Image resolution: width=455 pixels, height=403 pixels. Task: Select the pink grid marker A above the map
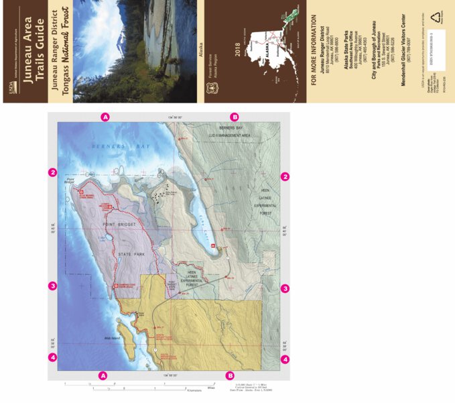point(105,117)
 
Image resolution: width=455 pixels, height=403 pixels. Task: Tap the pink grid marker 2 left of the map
point(52,172)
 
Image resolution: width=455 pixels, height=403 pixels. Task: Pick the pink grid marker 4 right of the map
point(285,359)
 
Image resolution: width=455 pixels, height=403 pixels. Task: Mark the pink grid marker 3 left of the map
point(52,286)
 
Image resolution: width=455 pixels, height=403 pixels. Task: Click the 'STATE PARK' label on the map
point(130,254)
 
